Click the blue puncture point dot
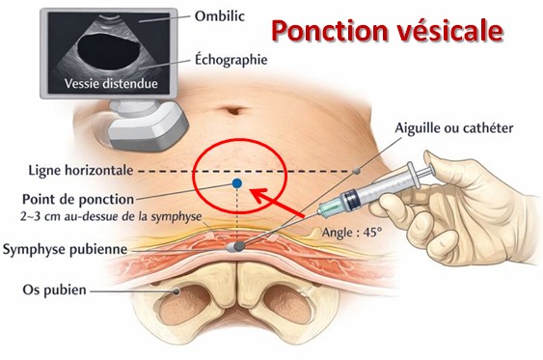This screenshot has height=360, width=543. [x=236, y=182]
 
